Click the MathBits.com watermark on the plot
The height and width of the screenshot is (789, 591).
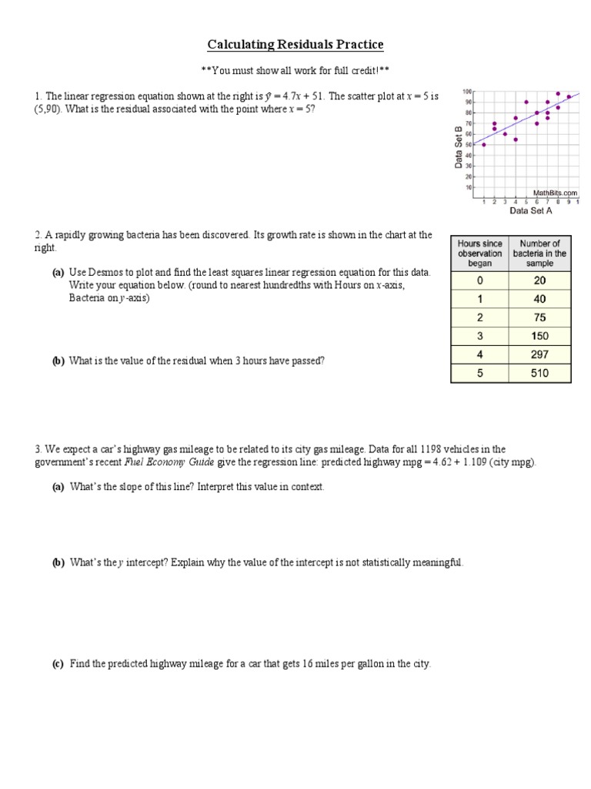[555, 193]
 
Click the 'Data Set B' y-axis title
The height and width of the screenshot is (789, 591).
[459, 147]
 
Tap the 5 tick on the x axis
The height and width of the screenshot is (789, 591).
[526, 202]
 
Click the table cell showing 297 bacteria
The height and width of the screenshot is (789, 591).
[539, 354]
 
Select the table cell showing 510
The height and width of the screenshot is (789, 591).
[539, 373]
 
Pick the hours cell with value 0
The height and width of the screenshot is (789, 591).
[479, 280]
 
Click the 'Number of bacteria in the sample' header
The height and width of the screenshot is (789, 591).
[539, 253]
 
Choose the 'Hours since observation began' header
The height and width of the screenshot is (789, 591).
[479, 253]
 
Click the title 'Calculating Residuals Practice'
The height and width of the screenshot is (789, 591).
[295, 45]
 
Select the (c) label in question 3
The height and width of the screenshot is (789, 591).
[58, 663]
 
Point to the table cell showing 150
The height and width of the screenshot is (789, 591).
[539, 336]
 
